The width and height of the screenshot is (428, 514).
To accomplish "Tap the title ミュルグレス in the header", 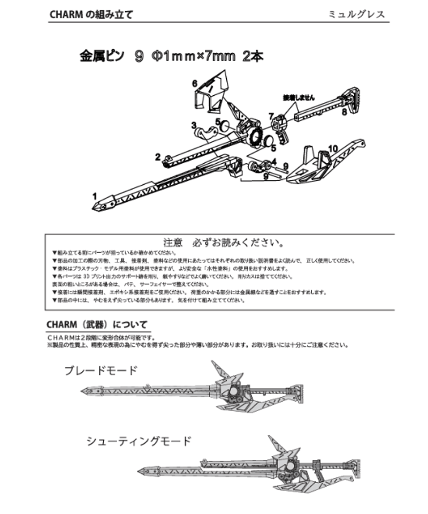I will pyautogui.click(x=357, y=14).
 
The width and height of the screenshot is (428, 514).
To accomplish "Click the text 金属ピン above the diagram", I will pyautogui.click(x=102, y=56).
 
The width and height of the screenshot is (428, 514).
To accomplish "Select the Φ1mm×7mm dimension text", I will pyautogui.click(x=193, y=56).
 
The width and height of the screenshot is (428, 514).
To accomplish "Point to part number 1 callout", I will pyautogui.click(x=95, y=196).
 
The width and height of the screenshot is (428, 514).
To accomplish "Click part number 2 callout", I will pyautogui.click(x=158, y=157).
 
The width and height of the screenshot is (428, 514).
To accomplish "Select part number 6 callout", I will pyautogui.click(x=195, y=82).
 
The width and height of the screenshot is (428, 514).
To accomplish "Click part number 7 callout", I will pyautogui.click(x=271, y=116).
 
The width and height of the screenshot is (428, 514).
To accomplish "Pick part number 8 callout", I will pyautogui.click(x=345, y=113).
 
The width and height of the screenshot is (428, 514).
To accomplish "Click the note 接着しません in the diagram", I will pyautogui.click(x=301, y=98).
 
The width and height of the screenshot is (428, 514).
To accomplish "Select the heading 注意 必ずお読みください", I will pyautogui.click(x=221, y=242).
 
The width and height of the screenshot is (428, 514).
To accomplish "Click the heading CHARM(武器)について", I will pyautogui.click(x=97, y=325).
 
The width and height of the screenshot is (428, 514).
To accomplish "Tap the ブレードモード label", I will pyautogui.click(x=101, y=371).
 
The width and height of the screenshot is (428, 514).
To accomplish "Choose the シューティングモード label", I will pyautogui.click(x=138, y=442).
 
